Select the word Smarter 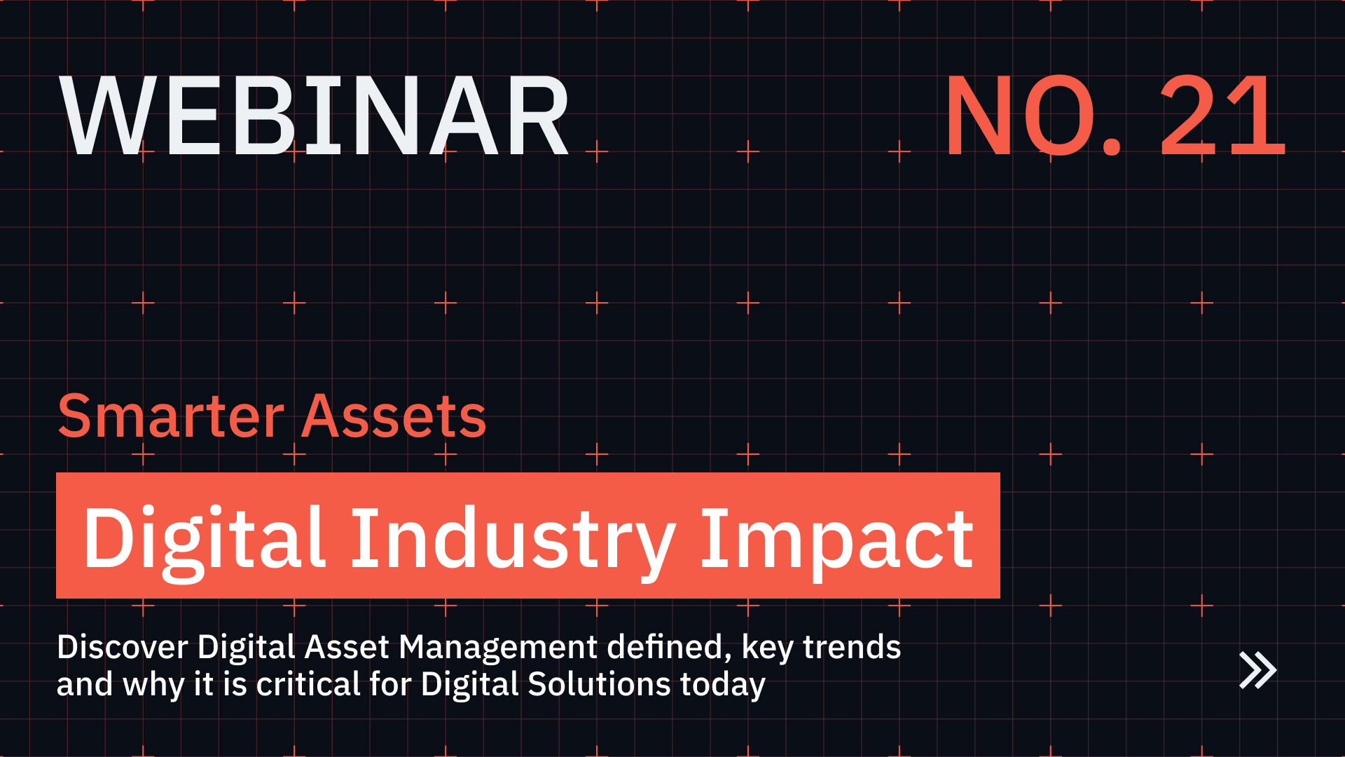coord(171,417)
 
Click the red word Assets coord(394,417)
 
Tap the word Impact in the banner coord(836,538)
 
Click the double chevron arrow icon coord(1257,671)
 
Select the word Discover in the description coord(123,647)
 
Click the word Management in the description coord(498,647)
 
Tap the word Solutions coord(599,684)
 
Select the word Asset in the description coord(347,647)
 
